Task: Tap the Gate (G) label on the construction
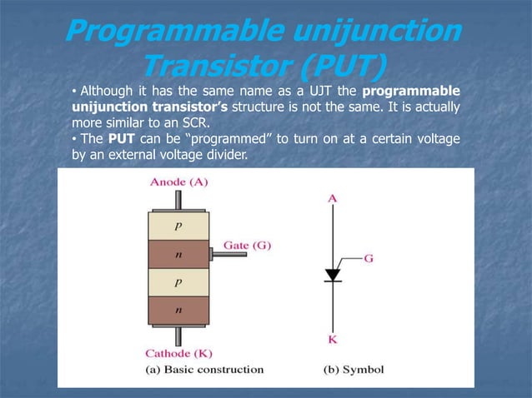[248, 246]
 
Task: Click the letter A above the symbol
[333, 198]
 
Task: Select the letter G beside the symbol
[368, 258]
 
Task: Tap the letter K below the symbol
[333, 340]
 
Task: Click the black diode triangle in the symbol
[333, 275]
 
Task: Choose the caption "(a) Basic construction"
[205, 369]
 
